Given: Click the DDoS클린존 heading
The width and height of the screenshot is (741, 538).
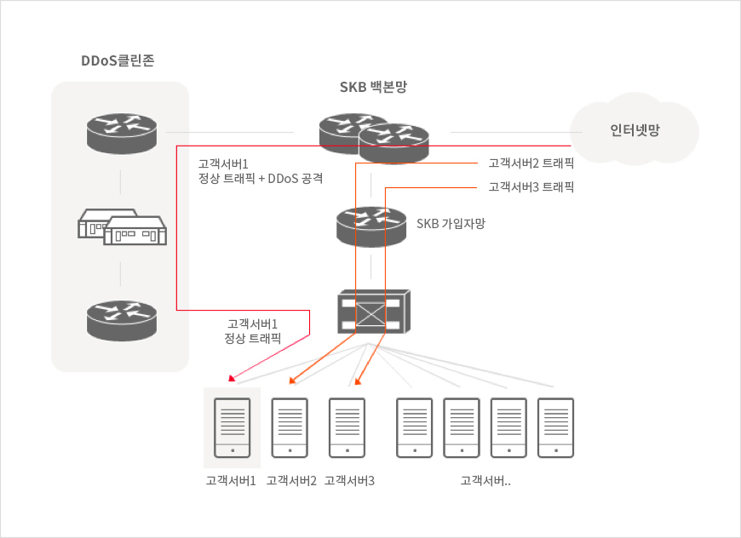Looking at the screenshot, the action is pos(118,60).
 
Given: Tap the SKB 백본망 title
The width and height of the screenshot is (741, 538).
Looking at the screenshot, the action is pos(373,87).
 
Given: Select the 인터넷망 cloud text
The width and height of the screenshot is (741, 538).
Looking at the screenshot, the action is pos(635,130).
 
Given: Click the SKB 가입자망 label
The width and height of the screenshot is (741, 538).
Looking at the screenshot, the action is pos(451,223).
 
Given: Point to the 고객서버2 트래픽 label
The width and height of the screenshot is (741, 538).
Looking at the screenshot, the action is pos(531,163).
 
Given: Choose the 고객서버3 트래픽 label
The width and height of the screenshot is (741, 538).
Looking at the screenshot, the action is pos(531,187).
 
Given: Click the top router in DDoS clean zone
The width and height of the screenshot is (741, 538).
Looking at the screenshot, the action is pos(122,133).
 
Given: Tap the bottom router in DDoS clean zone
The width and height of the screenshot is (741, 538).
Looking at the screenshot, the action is pos(122,321).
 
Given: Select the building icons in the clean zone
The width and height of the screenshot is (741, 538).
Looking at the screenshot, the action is pos(122,227).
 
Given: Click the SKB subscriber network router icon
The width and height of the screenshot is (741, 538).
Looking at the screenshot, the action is pos(371,226).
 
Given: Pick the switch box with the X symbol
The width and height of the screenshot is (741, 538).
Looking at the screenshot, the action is pos(374,312).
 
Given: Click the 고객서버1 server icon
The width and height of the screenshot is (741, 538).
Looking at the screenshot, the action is pos(232,428).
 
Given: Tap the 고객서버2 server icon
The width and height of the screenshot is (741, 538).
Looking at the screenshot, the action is pos(290,428).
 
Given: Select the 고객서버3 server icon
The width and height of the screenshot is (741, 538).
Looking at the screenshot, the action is pos(347,428).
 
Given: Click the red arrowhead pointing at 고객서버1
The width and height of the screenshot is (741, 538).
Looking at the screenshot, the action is pos(232,378).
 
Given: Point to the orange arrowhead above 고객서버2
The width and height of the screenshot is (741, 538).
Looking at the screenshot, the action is pos(292,381).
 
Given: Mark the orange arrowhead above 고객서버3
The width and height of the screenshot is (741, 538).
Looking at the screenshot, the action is pos(358,381).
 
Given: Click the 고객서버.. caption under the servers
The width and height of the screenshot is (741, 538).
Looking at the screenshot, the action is pos(485,481).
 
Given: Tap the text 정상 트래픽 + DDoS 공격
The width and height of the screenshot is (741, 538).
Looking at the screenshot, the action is pos(261,179).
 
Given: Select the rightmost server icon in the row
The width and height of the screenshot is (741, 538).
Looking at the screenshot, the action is pos(555,428).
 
